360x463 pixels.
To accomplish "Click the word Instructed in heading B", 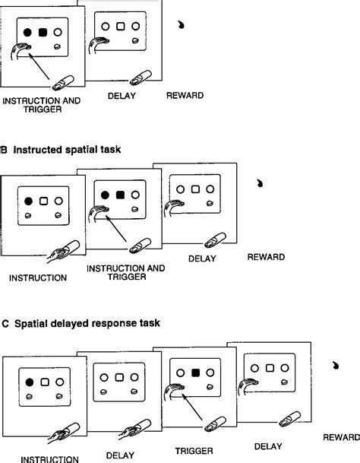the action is tap(38, 150).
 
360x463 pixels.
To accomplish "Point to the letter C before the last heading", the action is tap(5, 324).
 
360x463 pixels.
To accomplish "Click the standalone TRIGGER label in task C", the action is tap(194, 451).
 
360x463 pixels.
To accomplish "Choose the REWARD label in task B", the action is tap(266, 257).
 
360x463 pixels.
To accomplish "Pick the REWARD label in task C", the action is tap(342, 437).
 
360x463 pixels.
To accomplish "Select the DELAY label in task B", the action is tap(202, 258).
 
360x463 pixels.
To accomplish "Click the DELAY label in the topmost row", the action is tap(122, 96).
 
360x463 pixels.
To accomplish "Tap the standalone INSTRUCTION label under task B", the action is tap(38, 277).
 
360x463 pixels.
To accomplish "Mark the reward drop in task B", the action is tap(260, 183).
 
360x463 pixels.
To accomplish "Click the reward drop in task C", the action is tap(335, 366).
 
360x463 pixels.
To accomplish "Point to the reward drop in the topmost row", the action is tap(182, 24).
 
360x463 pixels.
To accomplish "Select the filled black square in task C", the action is tap(195, 373).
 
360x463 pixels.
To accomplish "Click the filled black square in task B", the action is tap(120, 195).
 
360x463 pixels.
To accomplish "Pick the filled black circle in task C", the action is tap(30, 382).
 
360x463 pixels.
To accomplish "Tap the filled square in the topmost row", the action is tap(43, 32).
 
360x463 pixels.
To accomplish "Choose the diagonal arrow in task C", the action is tap(192, 407).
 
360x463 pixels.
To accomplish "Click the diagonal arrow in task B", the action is tap(116, 229).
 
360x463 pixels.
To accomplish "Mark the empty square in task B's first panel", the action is tap(44, 201).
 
